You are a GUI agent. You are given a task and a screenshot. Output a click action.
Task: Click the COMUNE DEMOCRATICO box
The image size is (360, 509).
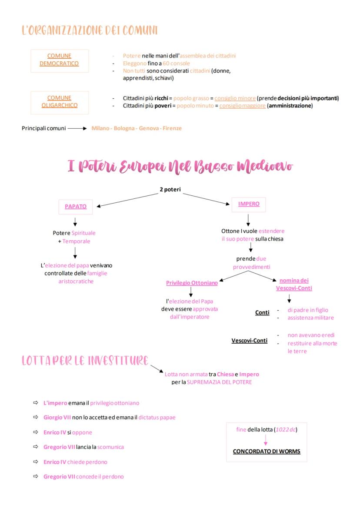(x=59, y=60)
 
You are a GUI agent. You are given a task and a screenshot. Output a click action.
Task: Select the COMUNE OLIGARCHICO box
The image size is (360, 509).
(x=59, y=101)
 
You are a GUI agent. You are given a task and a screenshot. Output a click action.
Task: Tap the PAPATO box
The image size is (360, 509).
(x=76, y=207)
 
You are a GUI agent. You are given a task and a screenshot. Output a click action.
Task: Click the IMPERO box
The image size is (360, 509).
(x=249, y=204)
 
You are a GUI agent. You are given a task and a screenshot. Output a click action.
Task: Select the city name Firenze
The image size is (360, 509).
(x=172, y=128)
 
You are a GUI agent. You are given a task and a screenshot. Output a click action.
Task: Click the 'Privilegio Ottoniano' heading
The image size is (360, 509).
(x=192, y=283)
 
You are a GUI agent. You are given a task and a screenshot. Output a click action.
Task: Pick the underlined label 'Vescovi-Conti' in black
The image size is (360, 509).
(x=249, y=340)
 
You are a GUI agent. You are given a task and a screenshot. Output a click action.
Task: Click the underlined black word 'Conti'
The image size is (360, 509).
(x=262, y=312)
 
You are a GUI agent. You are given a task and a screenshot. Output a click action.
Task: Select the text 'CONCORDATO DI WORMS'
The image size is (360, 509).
(x=267, y=451)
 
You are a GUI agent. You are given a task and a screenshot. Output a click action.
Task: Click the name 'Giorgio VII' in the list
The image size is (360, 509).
(x=57, y=417)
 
